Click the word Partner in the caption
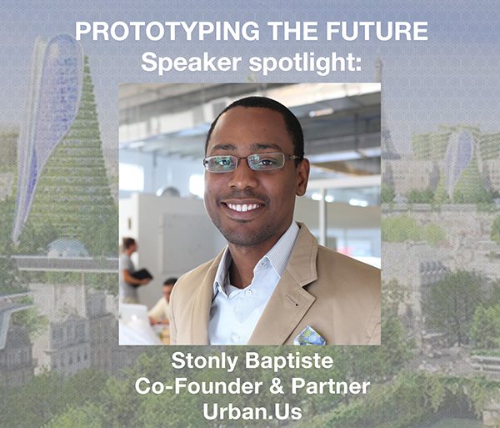click(x=330, y=385)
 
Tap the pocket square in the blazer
click(x=309, y=335)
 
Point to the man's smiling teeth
click(x=243, y=206)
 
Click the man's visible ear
click(x=302, y=171)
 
